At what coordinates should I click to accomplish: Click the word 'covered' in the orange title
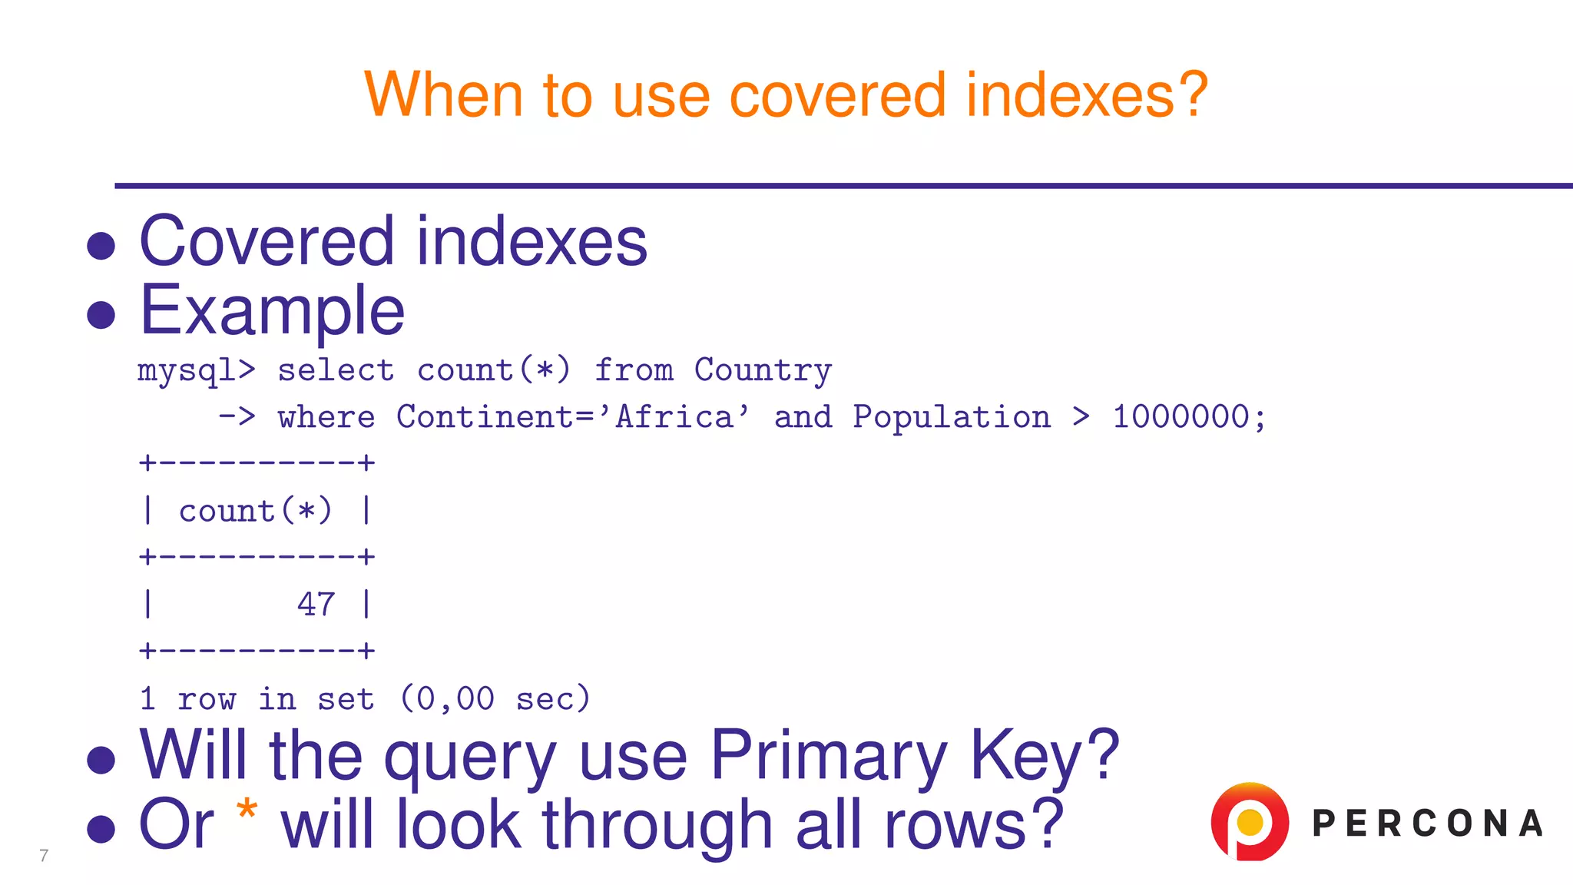tap(836, 94)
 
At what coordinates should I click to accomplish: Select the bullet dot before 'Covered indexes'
tap(101, 246)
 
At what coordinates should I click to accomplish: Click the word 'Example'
tap(272, 310)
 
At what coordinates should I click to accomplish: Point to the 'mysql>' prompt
tap(196, 370)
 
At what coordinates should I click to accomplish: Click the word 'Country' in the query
tap(763, 370)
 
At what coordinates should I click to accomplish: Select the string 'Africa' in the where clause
tap(674, 417)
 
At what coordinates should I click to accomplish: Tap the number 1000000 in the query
tap(1181, 417)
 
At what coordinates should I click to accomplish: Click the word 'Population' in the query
tap(951, 417)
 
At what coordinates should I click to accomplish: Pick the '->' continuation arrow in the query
tap(237, 417)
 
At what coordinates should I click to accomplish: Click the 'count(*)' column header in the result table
tap(256, 511)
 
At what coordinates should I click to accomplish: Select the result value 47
tap(316, 605)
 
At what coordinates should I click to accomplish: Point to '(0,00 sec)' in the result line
tap(495, 699)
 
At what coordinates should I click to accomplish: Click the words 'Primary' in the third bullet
tap(829, 756)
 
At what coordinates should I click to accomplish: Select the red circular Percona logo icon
tap(1250, 821)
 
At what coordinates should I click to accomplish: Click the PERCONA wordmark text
tap(1427, 824)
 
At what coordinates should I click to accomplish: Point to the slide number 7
tap(44, 856)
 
